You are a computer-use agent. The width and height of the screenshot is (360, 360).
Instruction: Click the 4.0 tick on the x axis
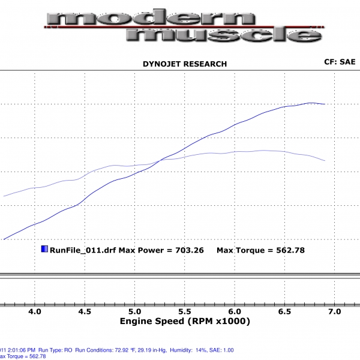pyautogui.click(x=35, y=312)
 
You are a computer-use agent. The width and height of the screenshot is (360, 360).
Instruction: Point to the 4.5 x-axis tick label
pyautogui.click(x=85, y=312)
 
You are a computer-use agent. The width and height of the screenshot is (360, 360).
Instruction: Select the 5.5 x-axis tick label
pyautogui.click(x=185, y=312)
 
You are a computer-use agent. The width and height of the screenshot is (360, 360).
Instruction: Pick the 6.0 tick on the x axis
pyautogui.click(x=235, y=312)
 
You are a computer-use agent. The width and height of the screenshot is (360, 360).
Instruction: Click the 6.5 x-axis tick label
pyautogui.click(x=284, y=312)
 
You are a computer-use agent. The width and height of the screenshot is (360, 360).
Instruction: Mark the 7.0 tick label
pyautogui.click(x=335, y=312)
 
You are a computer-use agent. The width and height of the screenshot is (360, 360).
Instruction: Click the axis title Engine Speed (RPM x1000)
pyautogui.click(x=185, y=322)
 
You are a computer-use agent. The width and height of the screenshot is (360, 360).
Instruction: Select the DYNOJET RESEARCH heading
pyautogui.click(x=184, y=64)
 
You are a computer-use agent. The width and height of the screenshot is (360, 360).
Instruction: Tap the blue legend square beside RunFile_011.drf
pyautogui.click(x=44, y=249)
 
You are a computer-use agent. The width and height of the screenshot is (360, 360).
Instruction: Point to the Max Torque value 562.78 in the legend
pyautogui.click(x=285, y=250)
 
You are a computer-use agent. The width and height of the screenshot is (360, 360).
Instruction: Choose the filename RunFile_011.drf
pyautogui.click(x=82, y=250)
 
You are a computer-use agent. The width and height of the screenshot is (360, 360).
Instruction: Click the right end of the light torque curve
pyautogui.click(x=325, y=161)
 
